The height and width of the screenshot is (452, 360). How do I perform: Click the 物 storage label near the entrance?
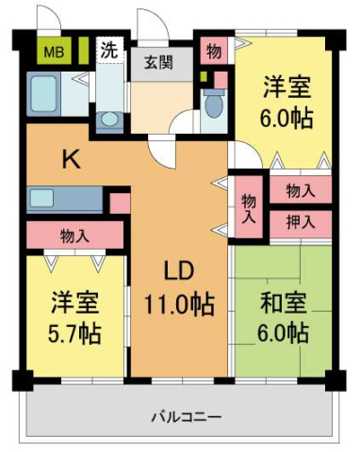pos(214,51)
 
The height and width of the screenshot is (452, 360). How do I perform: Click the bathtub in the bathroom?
pos(45,95)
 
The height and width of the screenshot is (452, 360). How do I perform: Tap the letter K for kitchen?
pos(72,160)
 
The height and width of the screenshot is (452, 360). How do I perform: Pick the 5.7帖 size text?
pos(75,333)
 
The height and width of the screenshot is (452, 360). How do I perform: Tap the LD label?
pos(179,272)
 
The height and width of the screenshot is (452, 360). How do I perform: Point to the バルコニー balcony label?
pos(184,415)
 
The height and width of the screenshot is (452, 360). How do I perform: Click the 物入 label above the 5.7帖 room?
pos(74,234)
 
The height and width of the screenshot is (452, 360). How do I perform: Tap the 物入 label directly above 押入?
pos(301,191)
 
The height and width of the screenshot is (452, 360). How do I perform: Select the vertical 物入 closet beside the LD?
pos(248,207)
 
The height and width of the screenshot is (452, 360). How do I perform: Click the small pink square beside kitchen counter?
pos(119,202)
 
